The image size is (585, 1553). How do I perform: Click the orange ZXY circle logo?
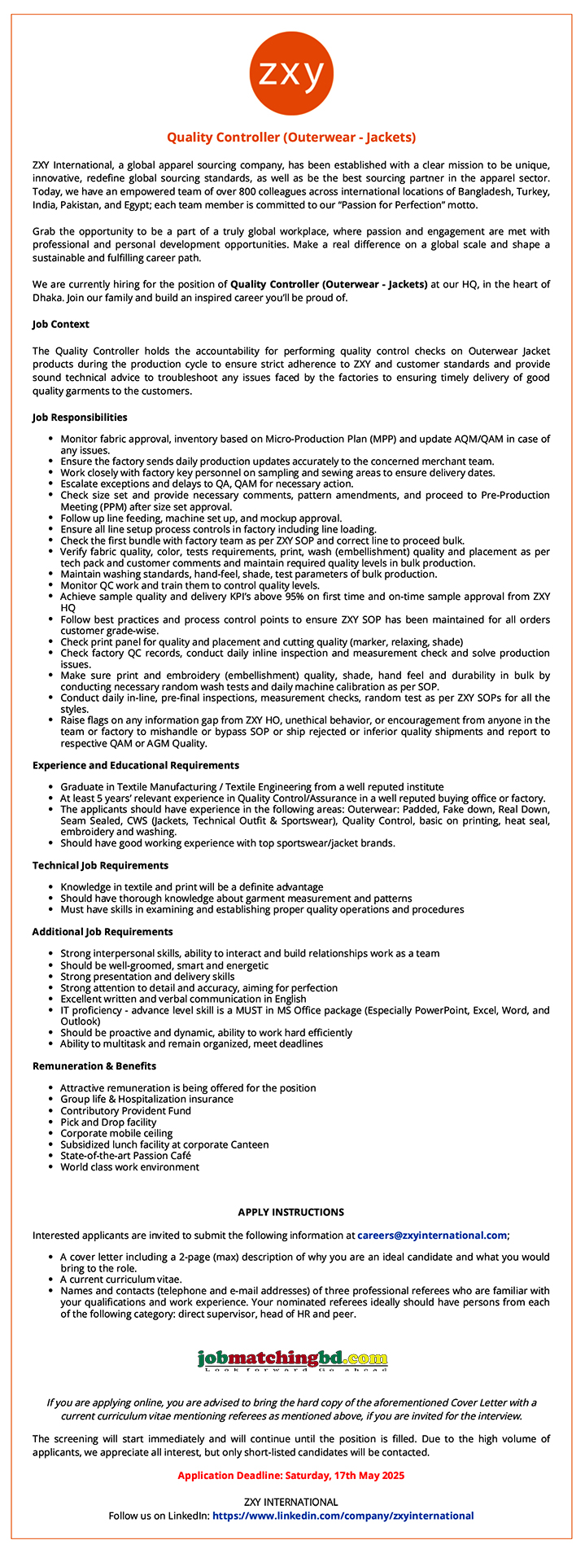[291, 75]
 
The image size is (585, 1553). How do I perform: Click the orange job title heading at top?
[291, 138]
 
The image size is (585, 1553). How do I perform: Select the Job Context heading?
[61, 324]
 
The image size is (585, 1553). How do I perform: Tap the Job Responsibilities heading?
[80, 418]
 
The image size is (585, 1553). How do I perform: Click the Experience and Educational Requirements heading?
[136, 765]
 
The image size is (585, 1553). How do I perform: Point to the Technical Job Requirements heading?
[100, 865]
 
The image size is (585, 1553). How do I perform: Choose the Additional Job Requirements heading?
[103, 931]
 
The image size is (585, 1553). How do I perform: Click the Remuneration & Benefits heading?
[94, 1065]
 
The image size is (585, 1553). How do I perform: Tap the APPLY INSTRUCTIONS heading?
[291, 1212]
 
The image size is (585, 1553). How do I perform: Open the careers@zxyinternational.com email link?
[432, 1235]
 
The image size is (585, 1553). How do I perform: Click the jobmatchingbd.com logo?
[292, 1358]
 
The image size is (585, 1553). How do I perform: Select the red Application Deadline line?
[291, 1475]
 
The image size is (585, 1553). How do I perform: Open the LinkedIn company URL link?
[343, 1516]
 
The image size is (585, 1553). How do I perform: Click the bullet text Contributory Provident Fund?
[125, 1110]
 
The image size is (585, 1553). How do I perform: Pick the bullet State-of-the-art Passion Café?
[125, 1155]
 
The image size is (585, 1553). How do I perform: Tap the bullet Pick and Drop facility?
[108, 1122]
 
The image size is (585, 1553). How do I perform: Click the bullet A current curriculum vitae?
[121, 1280]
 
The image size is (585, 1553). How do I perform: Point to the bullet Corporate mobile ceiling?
[116, 1133]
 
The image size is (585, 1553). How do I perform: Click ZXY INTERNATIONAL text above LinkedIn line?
[291, 1502]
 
